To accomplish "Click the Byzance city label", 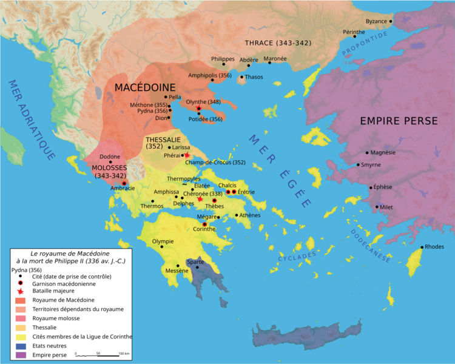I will (x=376, y=21).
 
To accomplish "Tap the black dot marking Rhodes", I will (x=422, y=247).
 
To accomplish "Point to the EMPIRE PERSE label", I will (x=399, y=121).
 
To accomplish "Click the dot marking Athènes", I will (x=237, y=215).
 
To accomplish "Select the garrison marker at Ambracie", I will (x=124, y=183).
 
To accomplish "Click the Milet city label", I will (x=386, y=207).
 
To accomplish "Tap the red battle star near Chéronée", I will (x=200, y=198).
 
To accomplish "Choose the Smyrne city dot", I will (x=359, y=165).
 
